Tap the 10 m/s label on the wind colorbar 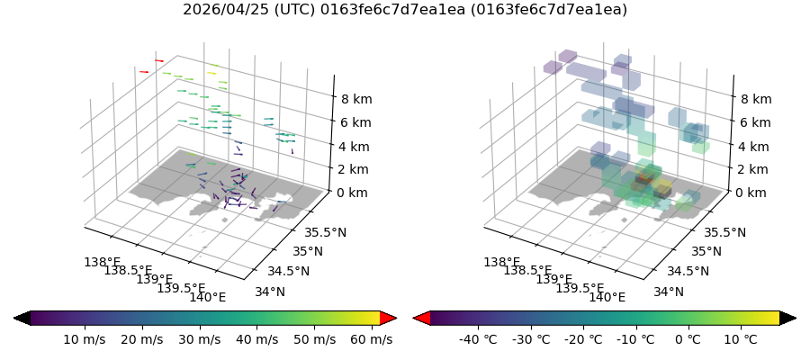pyautogui.click(x=85, y=339)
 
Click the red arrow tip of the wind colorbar pyautogui.click(x=389, y=318)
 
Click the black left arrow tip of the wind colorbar pyautogui.click(x=22, y=318)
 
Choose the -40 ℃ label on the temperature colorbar pyautogui.click(x=478, y=339)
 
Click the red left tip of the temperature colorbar pyautogui.click(x=420, y=318)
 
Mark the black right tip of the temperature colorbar pyautogui.click(x=788, y=318)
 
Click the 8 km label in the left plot pyautogui.click(x=353, y=99)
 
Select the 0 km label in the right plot pyautogui.click(x=751, y=193)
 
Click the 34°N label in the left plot pyautogui.click(x=269, y=292)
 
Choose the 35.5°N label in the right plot pyautogui.click(x=724, y=232)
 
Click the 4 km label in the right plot pyautogui.click(x=751, y=146)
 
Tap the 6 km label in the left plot pyautogui.click(x=353, y=122)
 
